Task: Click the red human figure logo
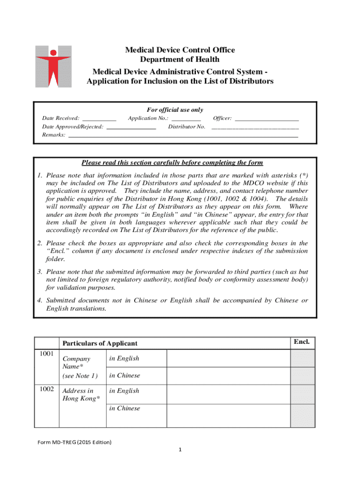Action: pos(53,66)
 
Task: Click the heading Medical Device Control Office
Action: pos(180,50)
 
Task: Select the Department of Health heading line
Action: pos(180,59)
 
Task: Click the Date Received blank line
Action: pos(99,119)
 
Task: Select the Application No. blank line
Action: pos(186,119)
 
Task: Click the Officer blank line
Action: pos(266,119)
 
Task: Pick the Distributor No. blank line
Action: pos(255,127)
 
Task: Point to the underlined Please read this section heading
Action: pos(172,163)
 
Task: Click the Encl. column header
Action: pos(302,342)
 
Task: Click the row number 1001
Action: pos(47,354)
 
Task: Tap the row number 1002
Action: pos(47,389)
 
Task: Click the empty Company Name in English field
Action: pos(228,358)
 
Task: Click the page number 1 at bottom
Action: pos(180,450)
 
